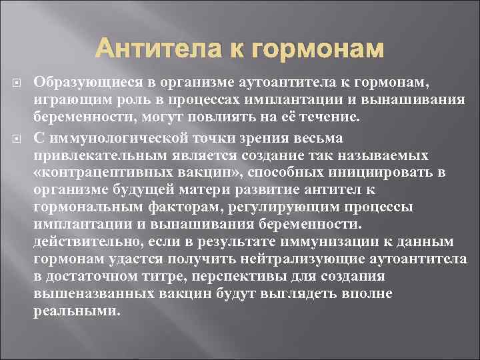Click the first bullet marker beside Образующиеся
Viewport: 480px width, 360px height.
19,82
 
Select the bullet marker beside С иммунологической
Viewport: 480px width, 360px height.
19,138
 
